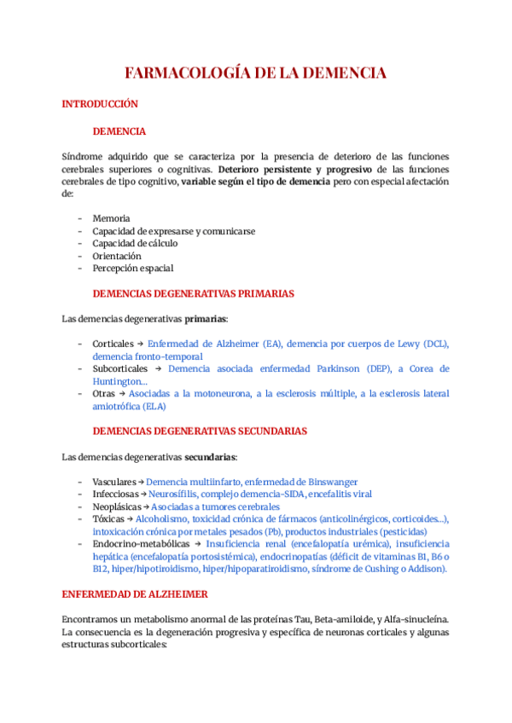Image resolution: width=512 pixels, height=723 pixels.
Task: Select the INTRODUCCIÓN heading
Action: pos(100,104)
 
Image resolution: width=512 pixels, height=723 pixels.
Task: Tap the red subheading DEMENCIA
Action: pos(119,131)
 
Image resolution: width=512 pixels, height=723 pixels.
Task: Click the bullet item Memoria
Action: pos(111,218)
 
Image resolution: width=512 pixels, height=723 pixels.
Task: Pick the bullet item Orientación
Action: pos(117,256)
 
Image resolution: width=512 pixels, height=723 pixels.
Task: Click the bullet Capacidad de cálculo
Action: pos(135,243)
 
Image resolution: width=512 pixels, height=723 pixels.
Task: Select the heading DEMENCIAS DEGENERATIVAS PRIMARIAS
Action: pos(193,293)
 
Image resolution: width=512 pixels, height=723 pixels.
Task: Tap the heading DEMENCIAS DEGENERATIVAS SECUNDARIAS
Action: pos(200,431)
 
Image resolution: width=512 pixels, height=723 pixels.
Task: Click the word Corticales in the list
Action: pos(114,344)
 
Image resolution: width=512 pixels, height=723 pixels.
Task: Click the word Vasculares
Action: pos(113,482)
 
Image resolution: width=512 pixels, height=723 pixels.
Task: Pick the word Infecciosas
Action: pos(115,494)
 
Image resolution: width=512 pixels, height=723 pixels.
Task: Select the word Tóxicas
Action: pos(108,518)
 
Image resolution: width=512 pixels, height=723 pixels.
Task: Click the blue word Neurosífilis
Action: pos(173,494)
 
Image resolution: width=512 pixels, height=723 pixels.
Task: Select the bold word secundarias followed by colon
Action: pos(212,457)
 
